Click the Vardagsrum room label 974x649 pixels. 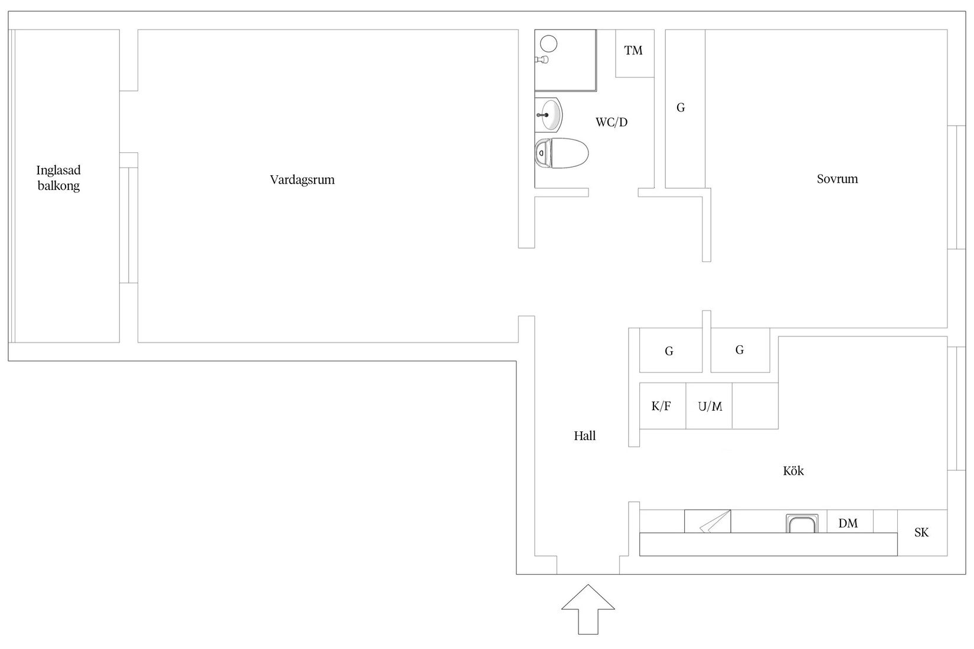(302, 180)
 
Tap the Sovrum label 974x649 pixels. (837, 179)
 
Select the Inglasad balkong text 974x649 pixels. (58, 178)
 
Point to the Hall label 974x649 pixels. (584, 436)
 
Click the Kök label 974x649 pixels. (793, 471)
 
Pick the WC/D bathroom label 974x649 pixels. (612, 123)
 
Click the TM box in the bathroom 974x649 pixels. (634, 52)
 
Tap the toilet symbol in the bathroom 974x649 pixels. (562, 153)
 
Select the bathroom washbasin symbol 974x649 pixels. (549, 114)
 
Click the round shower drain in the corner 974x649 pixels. (550, 43)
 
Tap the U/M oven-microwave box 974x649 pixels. (709, 406)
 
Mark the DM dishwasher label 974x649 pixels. (848, 523)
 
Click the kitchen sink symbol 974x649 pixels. (803, 523)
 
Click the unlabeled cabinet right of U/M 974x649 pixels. (755, 406)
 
